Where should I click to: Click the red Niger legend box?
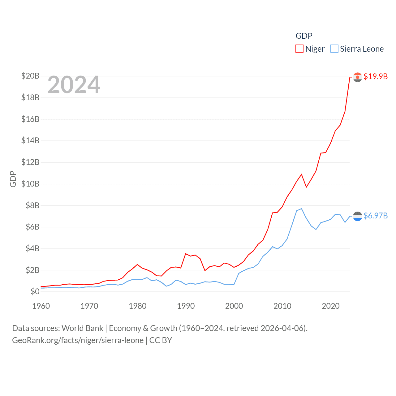click(299, 49)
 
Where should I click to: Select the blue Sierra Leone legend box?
click(334, 49)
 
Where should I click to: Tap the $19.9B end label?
click(376, 76)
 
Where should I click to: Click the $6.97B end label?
click(376, 216)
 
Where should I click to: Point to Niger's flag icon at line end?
click(357, 77)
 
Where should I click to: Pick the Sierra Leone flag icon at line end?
click(357, 216)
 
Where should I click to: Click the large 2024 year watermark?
click(74, 85)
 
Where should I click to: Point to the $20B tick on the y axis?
click(30, 76)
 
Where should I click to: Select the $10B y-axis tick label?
click(30, 184)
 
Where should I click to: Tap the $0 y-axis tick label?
click(35, 291)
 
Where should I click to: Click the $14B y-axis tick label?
click(30, 140)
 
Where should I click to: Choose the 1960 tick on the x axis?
click(41, 306)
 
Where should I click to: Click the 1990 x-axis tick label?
click(186, 306)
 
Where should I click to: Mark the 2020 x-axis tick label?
click(331, 306)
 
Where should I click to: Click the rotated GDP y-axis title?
click(13, 179)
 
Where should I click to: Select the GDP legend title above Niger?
click(304, 36)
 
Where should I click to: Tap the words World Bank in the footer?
click(82, 328)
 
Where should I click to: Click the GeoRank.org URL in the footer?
click(78, 340)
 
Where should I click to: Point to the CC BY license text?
click(161, 340)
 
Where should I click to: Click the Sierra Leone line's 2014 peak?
click(301, 209)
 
